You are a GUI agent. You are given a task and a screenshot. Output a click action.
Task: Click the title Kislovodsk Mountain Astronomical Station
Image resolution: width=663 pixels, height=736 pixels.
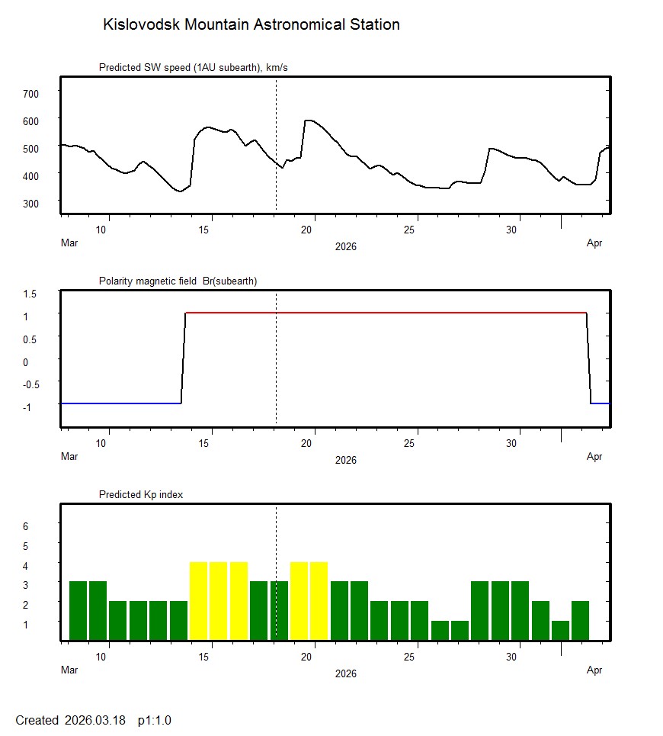pos(251,25)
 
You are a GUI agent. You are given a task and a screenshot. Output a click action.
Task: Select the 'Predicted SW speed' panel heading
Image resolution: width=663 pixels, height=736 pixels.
pos(193,68)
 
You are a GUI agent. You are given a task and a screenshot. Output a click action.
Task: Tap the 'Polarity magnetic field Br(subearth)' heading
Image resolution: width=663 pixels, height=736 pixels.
pos(178,281)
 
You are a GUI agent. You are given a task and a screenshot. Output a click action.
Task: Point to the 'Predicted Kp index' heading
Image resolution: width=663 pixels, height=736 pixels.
pos(141,494)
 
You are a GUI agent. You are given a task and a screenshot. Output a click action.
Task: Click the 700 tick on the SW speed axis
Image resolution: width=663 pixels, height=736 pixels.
pos(30,93)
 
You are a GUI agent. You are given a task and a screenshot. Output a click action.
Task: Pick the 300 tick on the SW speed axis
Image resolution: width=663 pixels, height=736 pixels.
pos(30,202)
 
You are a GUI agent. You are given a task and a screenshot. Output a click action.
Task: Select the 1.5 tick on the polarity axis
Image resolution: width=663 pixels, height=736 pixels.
pos(30,292)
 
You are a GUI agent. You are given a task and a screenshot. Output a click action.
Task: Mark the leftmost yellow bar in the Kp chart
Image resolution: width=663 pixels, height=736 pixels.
pos(198,601)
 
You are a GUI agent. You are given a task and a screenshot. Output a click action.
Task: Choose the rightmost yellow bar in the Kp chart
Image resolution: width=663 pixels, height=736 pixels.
pos(319,601)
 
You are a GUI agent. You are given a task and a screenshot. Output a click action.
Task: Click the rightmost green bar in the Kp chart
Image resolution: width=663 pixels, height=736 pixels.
pos(580,621)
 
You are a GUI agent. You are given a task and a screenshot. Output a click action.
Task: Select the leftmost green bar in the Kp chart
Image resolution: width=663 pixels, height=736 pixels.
pos(78,611)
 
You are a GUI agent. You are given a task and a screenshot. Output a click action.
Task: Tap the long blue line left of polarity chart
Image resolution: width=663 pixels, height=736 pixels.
pos(120,403)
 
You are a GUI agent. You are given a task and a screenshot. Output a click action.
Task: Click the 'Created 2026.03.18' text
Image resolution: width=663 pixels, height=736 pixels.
pos(70,720)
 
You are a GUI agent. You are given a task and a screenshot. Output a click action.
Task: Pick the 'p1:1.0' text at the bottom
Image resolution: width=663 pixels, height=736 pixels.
pos(155,720)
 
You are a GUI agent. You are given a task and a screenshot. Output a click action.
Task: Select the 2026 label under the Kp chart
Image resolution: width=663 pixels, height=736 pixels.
pos(345,673)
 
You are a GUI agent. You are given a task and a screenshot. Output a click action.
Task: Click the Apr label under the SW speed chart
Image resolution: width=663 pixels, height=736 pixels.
pos(594,243)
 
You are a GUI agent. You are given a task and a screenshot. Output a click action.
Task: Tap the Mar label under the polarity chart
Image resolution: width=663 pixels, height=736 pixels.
pos(69,457)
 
